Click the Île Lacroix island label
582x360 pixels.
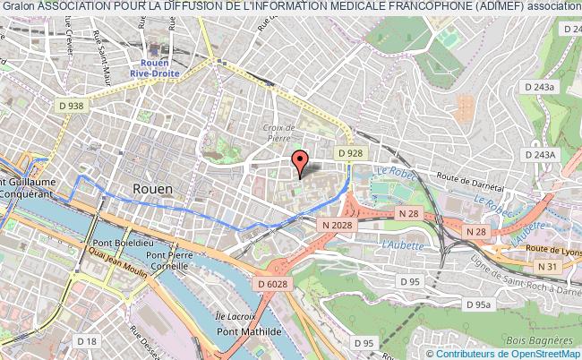coord(235,316)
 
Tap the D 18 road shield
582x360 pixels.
coord(87,341)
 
